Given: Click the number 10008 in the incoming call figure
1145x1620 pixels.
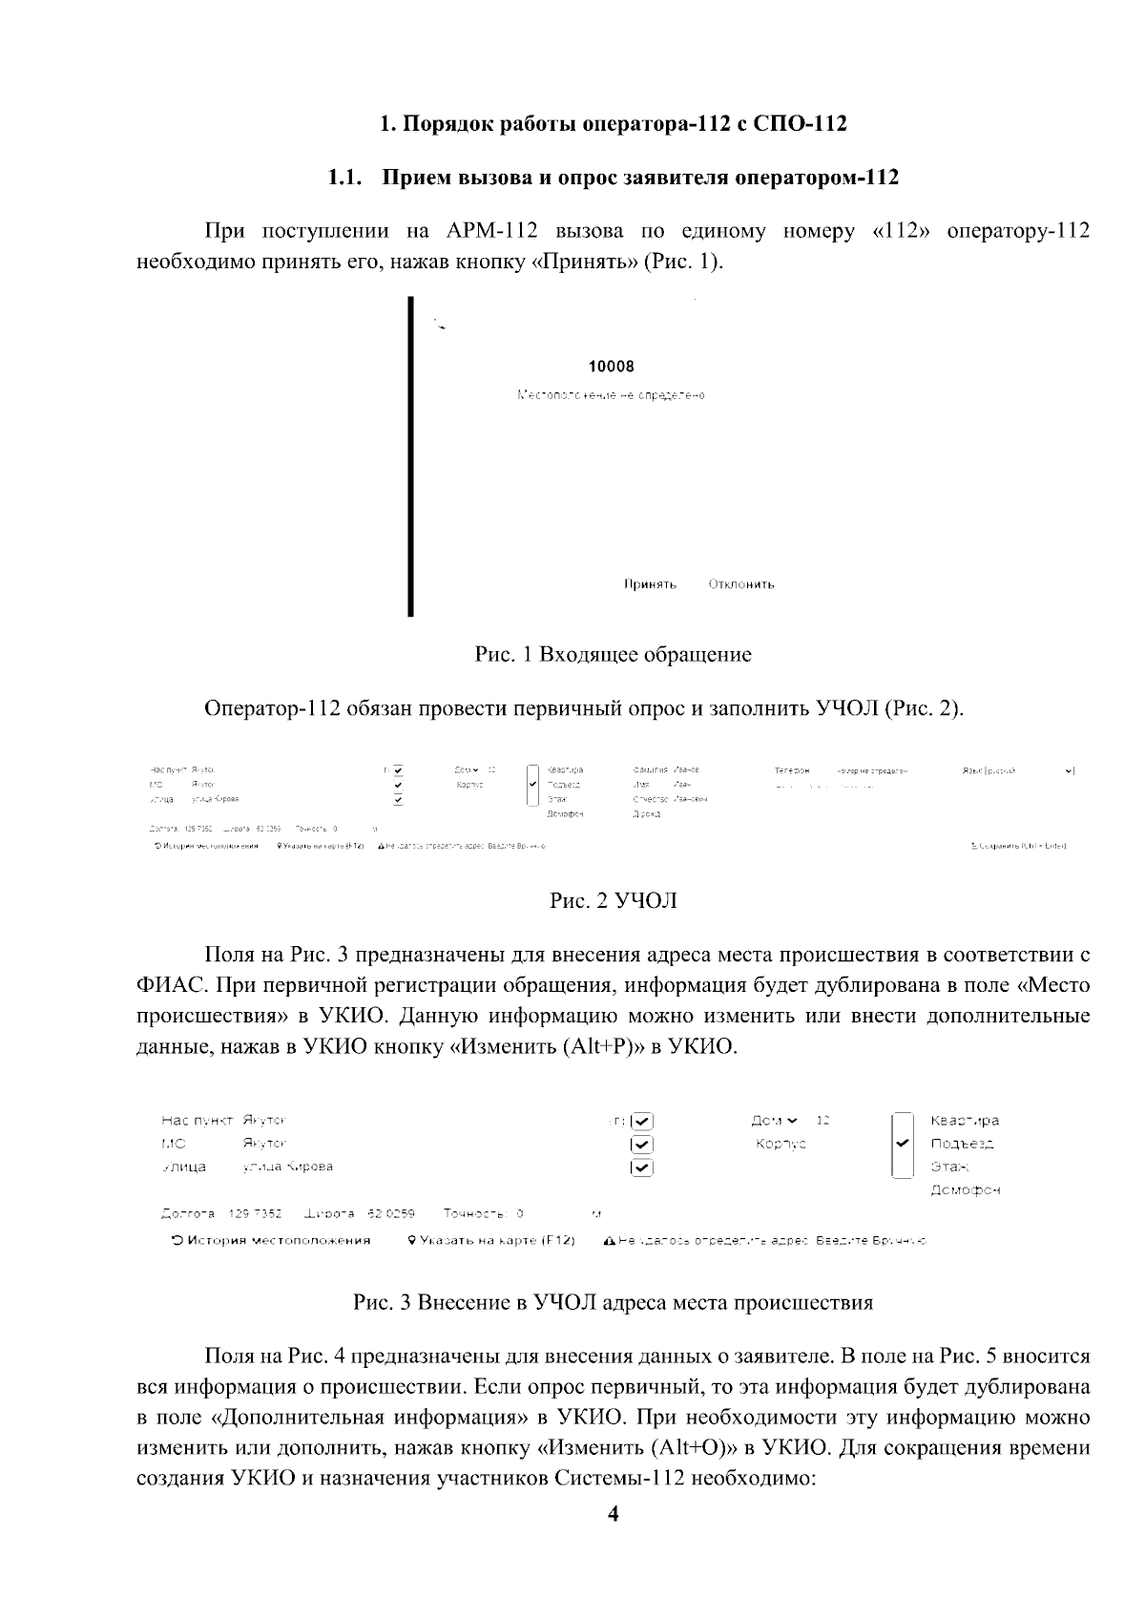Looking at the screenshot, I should [x=612, y=367].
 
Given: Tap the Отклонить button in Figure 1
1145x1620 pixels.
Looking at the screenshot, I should [x=741, y=584].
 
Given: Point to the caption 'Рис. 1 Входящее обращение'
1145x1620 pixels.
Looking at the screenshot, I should [x=613, y=655].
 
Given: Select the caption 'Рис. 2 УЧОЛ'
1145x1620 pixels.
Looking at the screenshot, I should [x=613, y=900].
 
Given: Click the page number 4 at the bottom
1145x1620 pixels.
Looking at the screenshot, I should [x=613, y=1514].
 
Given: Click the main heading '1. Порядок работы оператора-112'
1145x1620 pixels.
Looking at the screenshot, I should [x=613, y=124].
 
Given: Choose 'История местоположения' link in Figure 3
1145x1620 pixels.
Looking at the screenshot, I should [x=271, y=1240].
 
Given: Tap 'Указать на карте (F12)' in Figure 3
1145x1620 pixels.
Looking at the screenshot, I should [x=491, y=1240].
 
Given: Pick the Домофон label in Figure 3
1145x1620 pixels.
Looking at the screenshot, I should [x=965, y=1190].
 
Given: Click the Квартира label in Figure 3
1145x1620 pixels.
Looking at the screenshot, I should [x=965, y=1121].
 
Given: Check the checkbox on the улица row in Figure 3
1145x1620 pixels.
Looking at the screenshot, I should [x=642, y=1167].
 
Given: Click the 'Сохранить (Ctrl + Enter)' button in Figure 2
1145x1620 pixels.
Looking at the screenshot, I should [x=1018, y=846].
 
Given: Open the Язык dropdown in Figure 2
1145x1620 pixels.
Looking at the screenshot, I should [x=1070, y=770].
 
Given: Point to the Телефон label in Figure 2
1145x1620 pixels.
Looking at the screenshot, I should [x=792, y=770].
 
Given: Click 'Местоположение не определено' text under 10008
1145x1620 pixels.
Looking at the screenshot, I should [x=612, y=395].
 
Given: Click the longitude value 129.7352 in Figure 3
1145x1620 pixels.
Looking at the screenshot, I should [x=255, y=1214].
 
